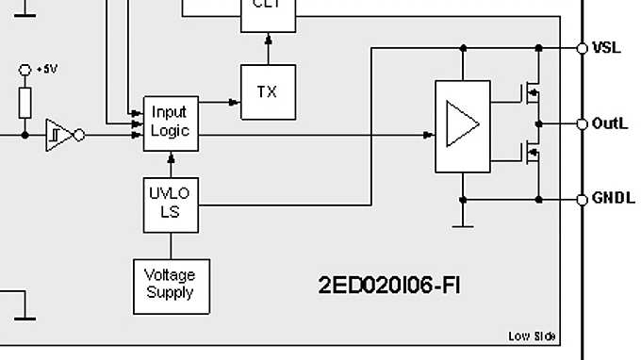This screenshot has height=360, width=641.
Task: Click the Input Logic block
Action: tap(170, 123)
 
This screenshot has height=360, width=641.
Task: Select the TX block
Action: tap(268, 91)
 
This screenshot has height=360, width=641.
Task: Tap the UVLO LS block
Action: tap(170, 205)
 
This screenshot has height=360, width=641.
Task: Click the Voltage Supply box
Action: tap(170, 285)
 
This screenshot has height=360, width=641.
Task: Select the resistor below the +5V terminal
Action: tap(25, 101)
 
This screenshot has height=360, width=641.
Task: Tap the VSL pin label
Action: tap(606, 47)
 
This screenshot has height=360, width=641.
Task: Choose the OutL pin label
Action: tap(609, 123)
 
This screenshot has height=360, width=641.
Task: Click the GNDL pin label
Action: tap(612, 199)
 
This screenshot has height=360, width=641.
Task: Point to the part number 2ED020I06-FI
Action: tap(389, 284)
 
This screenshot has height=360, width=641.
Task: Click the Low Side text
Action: tap(532, 336)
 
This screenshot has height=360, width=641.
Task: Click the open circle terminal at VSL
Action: tap(583, 47)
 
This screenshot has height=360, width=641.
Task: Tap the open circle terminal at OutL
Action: tap(583, 123)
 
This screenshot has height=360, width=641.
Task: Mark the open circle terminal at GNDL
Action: tap(583, 199)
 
